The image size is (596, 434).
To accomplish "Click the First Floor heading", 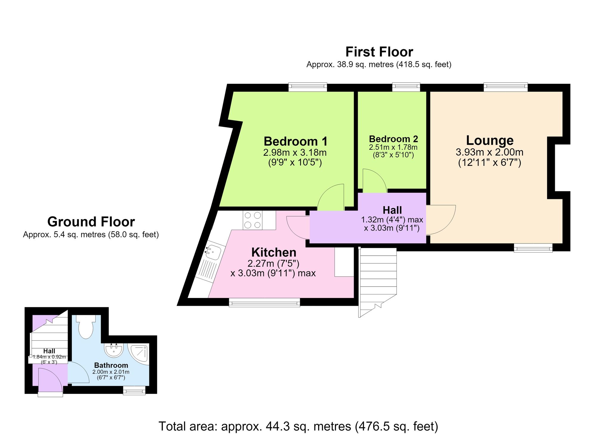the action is (x=379, y=52).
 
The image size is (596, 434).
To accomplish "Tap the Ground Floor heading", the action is (x=91, y=222).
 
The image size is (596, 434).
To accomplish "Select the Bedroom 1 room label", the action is (x=296, y=141).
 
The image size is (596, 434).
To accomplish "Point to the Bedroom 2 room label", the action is (x=393, y=139).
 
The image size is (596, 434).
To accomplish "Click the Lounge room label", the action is (x=490, y=140).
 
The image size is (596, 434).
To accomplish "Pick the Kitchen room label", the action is (x=274, y=252).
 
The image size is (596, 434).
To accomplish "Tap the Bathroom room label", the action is (x=111, y=365).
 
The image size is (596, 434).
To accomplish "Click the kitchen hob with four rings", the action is (x=252, y=220).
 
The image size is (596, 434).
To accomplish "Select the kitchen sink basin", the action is (x=213, y=252).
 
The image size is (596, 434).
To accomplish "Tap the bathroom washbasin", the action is (x=114, y=350).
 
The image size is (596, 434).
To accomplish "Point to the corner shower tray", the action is (x=138, y=354).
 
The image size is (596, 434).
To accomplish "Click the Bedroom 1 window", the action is (x=308, y=87).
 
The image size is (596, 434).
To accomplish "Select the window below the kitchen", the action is (x=264, y=302).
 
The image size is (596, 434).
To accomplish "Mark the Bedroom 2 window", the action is (x=406, y=87).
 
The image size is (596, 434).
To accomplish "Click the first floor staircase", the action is (x=378, y=282).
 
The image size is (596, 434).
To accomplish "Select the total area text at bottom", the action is (x=298, y=426).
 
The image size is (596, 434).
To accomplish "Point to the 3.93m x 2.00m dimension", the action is (x=490, y=152).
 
